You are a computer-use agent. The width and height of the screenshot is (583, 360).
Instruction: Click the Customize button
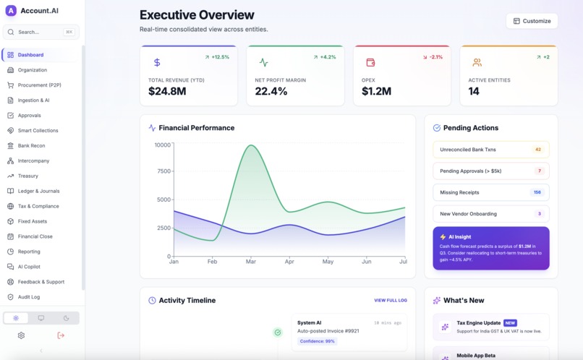click(532, 21)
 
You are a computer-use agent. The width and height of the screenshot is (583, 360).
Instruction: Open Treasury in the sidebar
click(28, 176)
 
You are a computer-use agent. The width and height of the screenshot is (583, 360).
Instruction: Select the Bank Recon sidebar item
click(31, 145)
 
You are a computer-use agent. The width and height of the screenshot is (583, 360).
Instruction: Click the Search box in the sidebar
click(41, 32)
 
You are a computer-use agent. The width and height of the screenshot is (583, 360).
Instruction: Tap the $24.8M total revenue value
click(167, 91)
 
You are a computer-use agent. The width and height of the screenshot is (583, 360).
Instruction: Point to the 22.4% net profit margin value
click(271, 91)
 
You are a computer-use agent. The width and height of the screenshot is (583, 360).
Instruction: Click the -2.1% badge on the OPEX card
click(433, 57)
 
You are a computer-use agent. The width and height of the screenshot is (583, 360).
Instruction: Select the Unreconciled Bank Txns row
click(490, 150)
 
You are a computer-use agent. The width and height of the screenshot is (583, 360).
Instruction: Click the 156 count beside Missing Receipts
click(537, 192)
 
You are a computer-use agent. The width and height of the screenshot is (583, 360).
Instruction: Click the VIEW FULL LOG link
click(390, 300)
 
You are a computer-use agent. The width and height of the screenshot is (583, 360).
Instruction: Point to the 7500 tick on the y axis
click(163, 171)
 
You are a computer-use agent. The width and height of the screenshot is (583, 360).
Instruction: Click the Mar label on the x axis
click(250, 261)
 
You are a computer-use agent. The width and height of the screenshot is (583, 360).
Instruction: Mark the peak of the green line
click(251, 145)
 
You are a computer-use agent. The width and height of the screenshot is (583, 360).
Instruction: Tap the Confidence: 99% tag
click(317, 341)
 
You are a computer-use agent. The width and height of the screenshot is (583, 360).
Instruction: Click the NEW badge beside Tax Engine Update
click(510, 323)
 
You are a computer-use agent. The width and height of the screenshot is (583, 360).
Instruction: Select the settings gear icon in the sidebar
click(21, 335)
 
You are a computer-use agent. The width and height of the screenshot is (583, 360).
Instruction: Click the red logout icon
click(61, 335)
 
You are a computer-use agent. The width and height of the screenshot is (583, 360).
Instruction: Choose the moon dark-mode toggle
click(66, 318)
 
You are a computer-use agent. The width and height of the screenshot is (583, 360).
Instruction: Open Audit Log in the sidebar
click(29, 297)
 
